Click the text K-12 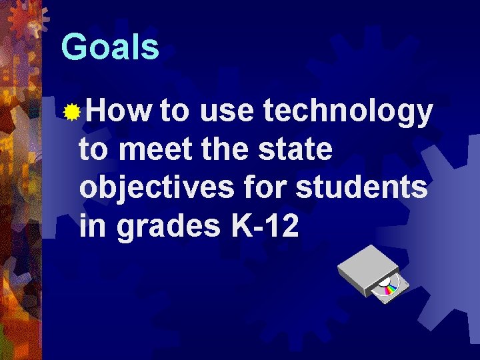[x=265, y=227]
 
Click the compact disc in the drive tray [x=389, y=287]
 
